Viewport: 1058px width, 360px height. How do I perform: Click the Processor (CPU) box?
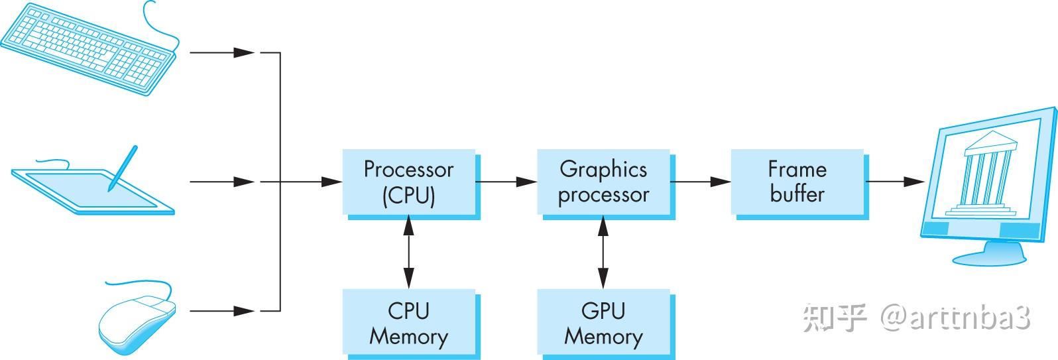click(x=408, y=182)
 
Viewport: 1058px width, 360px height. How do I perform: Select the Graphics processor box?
click(x=603, y=182)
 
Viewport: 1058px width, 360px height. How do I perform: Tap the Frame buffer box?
click(x=797, y=182)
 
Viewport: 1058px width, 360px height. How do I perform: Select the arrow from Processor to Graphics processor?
click(x=505, y=181)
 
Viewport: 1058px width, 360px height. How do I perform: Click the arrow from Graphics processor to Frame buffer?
click(x=700, y=181)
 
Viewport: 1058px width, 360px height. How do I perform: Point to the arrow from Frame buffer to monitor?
click(x=895, y=181)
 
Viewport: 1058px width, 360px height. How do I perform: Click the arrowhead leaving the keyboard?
click(x=245, y=52)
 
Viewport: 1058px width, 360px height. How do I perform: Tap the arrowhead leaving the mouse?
click(x=245, y=310)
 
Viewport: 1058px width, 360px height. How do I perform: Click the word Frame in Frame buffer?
click(x=797, y=169)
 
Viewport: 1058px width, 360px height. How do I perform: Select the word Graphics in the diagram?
click(x=603, y=169)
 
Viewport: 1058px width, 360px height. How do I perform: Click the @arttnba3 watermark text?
click(x=955, y=319)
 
